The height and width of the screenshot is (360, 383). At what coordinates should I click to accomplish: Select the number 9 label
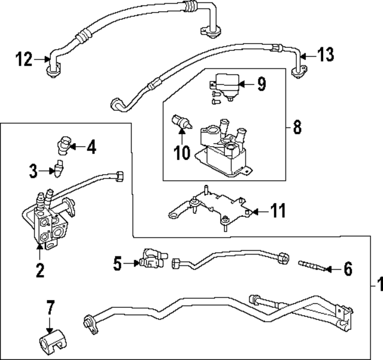[x=261, y=84]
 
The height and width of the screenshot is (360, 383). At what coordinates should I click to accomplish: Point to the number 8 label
[x=297, y=128]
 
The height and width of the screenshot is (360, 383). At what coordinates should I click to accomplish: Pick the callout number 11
[x=278, y=211]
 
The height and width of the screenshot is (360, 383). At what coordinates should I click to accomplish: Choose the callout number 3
[x=34, y=172]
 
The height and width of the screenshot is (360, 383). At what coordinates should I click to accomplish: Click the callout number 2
[x=39, y=270]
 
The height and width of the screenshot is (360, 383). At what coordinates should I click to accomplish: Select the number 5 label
[x=117, y=262]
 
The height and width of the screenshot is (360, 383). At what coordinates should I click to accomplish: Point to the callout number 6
[x=348, y=269]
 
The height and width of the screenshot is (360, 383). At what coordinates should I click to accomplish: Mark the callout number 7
[x=50, y=308]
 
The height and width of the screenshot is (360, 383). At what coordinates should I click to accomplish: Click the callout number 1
[x=376, y=283]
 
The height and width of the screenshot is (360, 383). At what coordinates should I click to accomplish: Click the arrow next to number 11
[x=256, y=211]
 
